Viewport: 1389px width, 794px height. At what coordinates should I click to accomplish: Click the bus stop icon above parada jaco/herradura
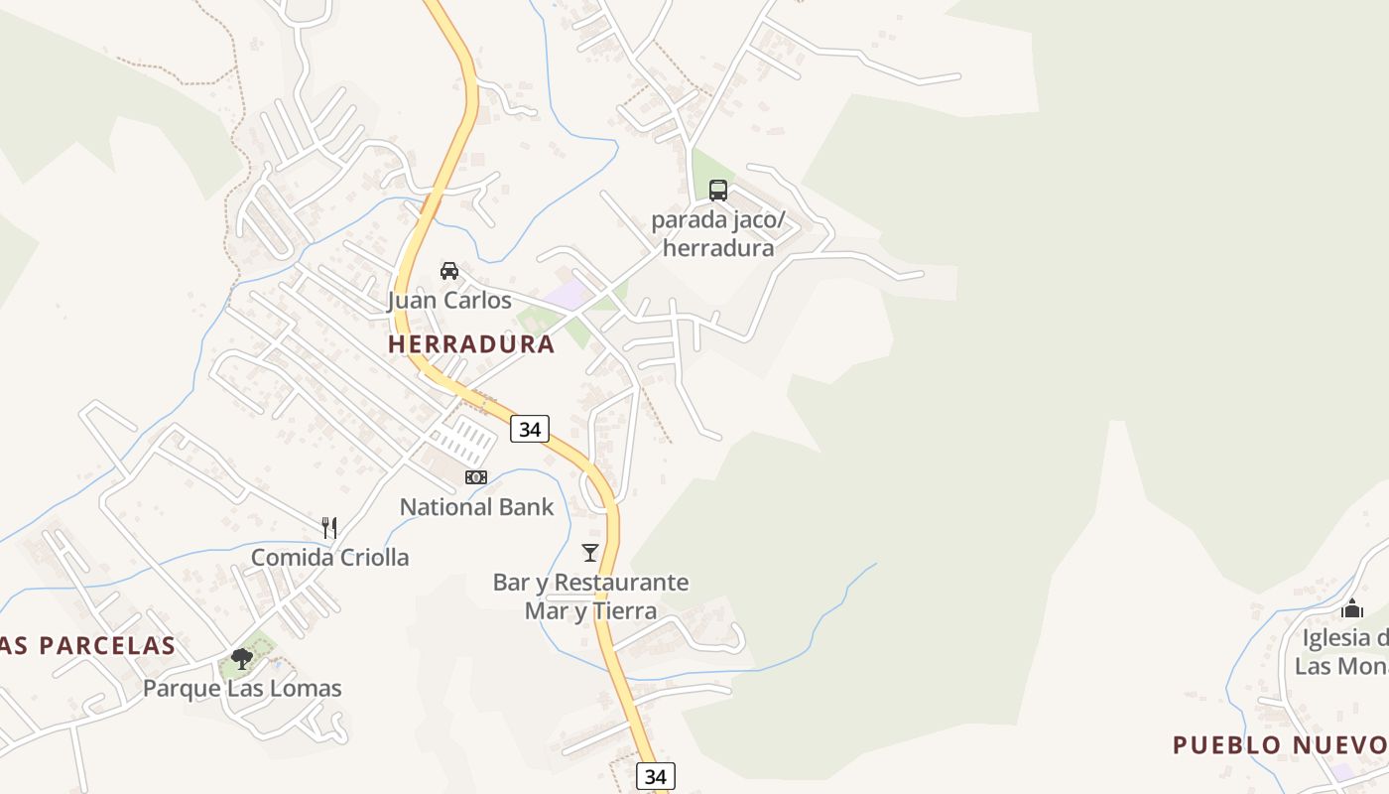pos(718,191)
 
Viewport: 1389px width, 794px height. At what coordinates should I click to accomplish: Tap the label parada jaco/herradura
pos(717,233)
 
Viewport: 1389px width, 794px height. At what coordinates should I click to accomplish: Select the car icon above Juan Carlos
pos(449,270)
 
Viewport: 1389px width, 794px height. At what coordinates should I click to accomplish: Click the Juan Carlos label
pos(449,300)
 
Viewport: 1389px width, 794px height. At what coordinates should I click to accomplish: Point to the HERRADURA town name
pos(471,344)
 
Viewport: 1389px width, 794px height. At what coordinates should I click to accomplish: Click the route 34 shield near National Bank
pos(530,429)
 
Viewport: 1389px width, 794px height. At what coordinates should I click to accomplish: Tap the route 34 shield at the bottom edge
pos(655,776)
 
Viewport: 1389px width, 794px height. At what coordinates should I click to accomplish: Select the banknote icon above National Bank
pos(476,477)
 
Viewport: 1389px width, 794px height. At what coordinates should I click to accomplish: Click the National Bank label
pos(476,507)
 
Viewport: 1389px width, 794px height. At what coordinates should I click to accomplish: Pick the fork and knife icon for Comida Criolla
pos(329,527)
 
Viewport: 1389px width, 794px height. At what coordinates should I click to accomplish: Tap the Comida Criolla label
pos(329,557)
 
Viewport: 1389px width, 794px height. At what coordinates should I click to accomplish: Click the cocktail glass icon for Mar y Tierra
pos(590,552)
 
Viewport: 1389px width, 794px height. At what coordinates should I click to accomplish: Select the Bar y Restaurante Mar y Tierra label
pos(590,595)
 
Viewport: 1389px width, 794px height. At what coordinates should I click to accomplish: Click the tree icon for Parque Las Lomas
pos(242,658)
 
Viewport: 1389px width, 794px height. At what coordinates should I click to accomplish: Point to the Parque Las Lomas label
pos(242,688)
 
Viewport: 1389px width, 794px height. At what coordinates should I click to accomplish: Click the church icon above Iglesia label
pos(1352,607)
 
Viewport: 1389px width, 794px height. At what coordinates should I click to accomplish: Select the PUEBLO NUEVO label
pos(1280,744)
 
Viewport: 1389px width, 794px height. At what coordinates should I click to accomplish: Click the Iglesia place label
pos(1344,651)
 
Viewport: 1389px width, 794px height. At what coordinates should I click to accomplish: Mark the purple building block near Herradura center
pos(567,294)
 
